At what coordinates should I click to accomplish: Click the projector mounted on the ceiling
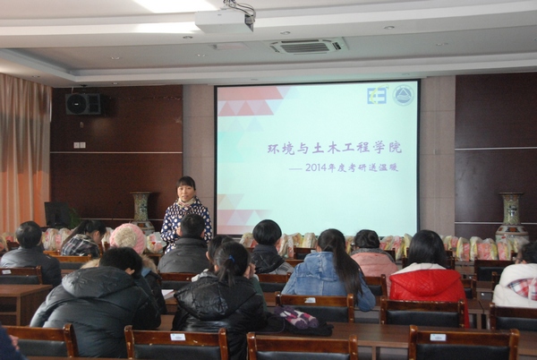[x=225, y=20]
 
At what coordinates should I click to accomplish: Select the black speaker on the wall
[x=83, y=104]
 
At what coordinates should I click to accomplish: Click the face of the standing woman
[x=187, y=189]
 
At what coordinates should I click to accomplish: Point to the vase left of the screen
[x=141, y=210]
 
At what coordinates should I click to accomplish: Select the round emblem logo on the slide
[x=404, y=95]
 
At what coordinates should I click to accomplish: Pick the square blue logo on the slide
[x=377, y=96]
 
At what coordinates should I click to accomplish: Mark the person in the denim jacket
[x=327, y=273]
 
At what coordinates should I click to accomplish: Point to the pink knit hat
[x=127, y=237]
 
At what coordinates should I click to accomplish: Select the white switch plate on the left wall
[x=80, y=144]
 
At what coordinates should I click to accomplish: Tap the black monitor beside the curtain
[x=61, y=214]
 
